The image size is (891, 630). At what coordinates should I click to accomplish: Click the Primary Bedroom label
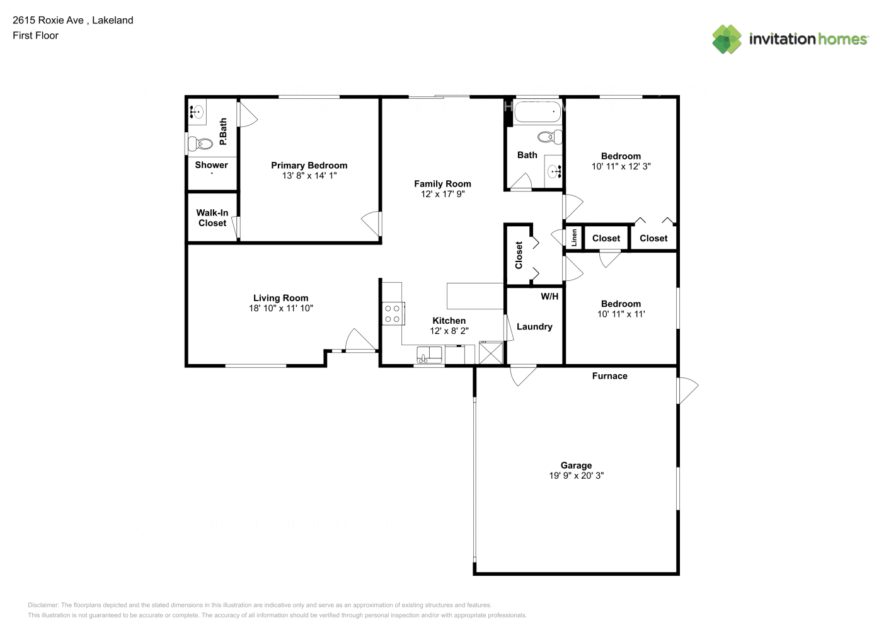[x=309, y=166]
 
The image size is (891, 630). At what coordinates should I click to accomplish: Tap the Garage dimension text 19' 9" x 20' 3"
[x=576, y=476]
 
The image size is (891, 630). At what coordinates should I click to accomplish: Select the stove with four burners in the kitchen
[x=393, y=314]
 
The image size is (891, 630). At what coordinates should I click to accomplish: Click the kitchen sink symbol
[x=430, y=355]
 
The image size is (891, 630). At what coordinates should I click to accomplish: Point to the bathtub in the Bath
[x=537, y=113]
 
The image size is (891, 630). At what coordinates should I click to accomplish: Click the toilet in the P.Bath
[x=201, y=144]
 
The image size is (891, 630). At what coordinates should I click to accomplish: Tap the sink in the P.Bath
[x=197, y=113]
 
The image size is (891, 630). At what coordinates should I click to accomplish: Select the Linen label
[x=574, y=238]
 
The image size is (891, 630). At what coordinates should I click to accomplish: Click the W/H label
[x=549, y=296]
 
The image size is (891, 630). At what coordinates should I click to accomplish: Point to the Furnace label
[x=609, y=376]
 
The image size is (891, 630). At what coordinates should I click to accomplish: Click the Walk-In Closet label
[x=212, y=218]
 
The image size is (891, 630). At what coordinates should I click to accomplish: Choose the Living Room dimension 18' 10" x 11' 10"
[x=280, y=309]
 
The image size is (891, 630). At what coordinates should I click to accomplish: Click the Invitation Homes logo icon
[x=727, y=39]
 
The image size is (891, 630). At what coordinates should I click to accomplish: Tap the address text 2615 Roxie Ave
[x=48, y=20]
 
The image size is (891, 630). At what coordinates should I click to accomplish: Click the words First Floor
[x=35, y=35]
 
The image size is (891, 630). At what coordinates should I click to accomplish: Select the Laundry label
[x=534, y=326]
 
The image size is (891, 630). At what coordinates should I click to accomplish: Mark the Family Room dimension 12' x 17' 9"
[x=442, y=194]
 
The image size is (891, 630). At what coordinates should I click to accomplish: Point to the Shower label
[x=211, y=165]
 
